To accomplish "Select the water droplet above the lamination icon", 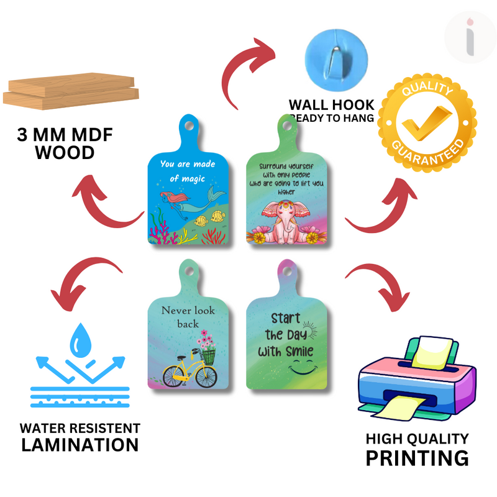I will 81,339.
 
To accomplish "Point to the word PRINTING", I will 416,458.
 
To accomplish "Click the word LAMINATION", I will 80,445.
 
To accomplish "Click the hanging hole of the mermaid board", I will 189,124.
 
